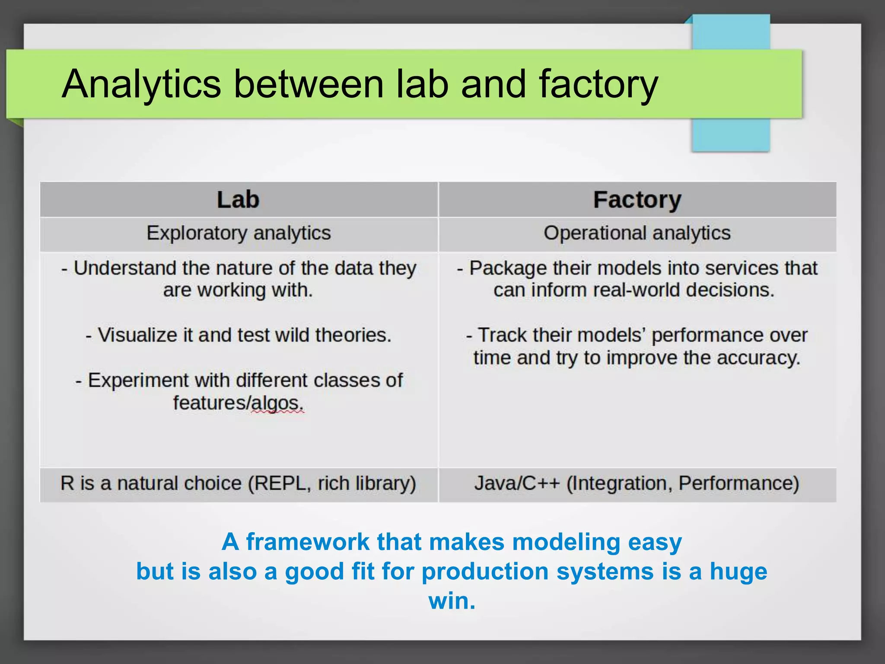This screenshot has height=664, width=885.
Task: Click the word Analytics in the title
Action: [x=141, y=84]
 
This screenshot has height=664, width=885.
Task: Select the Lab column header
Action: [x=238, y=200]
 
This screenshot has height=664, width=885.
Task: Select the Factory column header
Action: [x=637, y=200]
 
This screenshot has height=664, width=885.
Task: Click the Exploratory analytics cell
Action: [x=239, y=233]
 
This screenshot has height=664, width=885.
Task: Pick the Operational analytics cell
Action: [x=637, y=233]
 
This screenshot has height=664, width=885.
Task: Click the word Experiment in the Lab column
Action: [x=139, y=381]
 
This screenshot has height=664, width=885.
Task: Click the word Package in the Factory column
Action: [x=509, y=268]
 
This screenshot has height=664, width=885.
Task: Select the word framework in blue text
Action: [x=308, y=542]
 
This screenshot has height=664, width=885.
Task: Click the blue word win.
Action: [x=451, y=601]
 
